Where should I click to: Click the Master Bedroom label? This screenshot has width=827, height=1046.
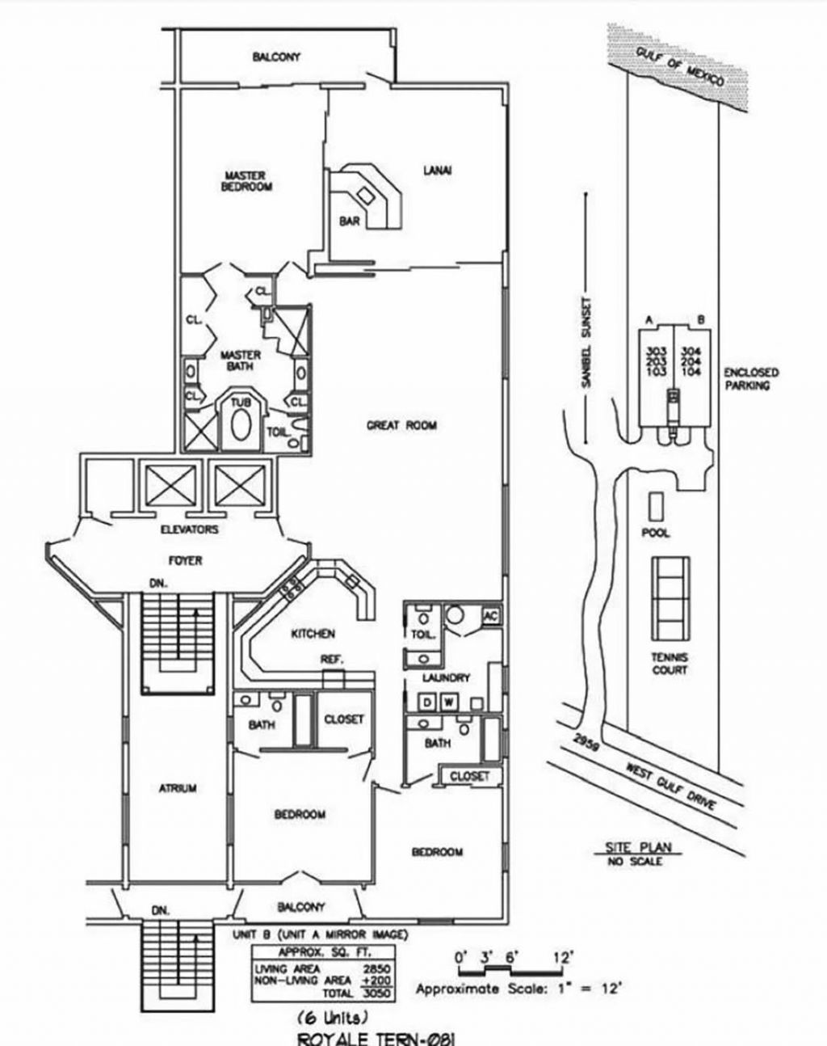246,180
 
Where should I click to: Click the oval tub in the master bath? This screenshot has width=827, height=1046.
241,424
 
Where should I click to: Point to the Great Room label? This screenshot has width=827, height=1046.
401,425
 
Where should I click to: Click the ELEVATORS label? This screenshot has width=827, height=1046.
190,530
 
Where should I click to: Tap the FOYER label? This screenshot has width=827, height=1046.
185,560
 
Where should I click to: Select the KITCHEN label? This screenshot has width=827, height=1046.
313,634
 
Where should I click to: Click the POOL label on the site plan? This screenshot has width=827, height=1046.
655,534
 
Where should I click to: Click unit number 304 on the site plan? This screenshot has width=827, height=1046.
691,352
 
